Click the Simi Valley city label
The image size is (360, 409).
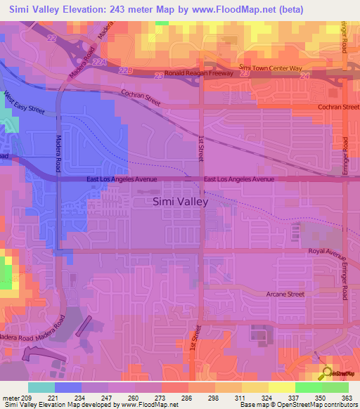[181, 202]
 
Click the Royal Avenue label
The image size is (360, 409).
[325, 250]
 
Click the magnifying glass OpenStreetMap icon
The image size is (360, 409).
[326, 372]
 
